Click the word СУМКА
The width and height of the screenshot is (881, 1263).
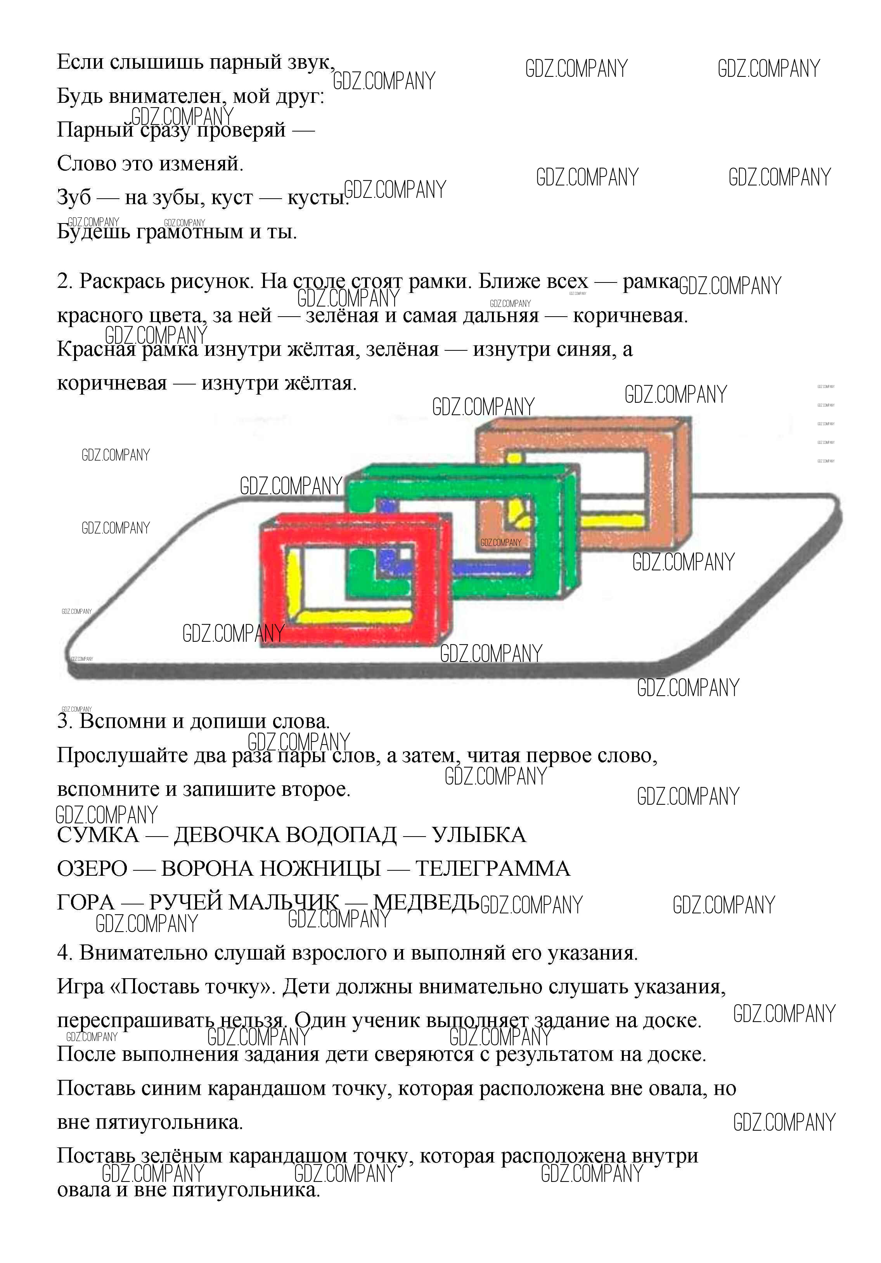(x=98, y=835)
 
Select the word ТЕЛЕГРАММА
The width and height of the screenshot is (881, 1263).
(x=493, y=869)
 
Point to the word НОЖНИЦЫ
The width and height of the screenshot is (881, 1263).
(x=320, y=869)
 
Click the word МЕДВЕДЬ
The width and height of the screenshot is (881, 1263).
(x=426, y=902)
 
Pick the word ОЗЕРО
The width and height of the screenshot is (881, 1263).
(x=92, y=869)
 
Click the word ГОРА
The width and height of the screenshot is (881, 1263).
(x=86, y=902)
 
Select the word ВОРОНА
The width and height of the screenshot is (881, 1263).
(x=207, y=869)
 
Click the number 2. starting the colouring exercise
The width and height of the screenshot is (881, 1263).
(x=65, y=281)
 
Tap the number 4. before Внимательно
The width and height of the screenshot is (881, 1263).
(x=65, y=952)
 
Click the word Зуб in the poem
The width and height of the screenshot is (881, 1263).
(x=74, y=197)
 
